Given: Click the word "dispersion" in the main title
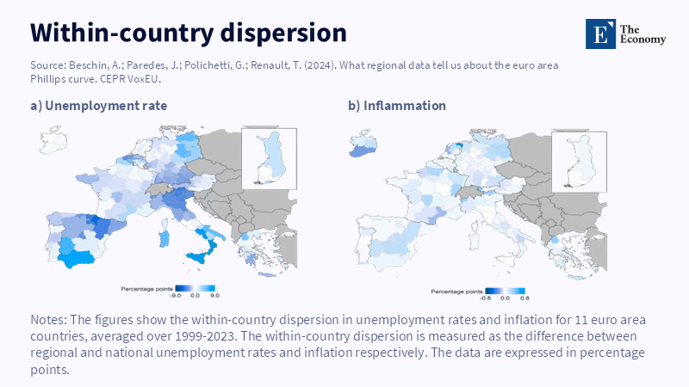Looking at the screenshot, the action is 283,34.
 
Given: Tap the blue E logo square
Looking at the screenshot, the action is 600,34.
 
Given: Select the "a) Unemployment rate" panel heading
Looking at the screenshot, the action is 99,106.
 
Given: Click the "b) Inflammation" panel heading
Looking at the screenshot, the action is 397,106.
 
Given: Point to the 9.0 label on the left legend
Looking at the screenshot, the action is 214,296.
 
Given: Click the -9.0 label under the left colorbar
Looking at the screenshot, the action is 175,296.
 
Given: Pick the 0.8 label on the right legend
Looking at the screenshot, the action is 525,298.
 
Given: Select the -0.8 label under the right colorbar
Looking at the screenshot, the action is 485,298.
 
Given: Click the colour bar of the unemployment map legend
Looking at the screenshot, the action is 196,288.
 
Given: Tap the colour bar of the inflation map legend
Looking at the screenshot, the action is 505,291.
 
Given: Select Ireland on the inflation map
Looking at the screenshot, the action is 363,143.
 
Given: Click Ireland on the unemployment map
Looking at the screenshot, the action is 53,140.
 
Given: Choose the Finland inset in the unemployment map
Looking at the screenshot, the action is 270,159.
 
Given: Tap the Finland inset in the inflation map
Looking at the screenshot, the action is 579,162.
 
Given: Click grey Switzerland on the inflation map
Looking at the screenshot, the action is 468,192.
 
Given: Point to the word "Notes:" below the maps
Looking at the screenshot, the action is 48,319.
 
